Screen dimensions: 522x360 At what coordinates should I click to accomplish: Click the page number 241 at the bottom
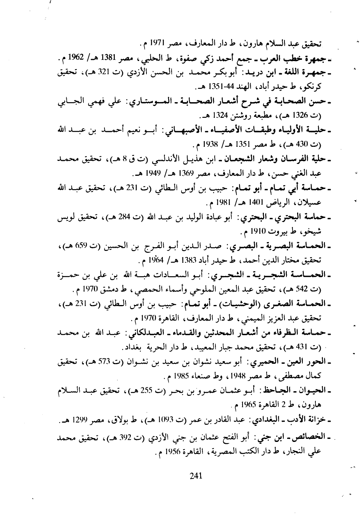point(195,475)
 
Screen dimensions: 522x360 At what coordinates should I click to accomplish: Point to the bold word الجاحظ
point(282,391)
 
